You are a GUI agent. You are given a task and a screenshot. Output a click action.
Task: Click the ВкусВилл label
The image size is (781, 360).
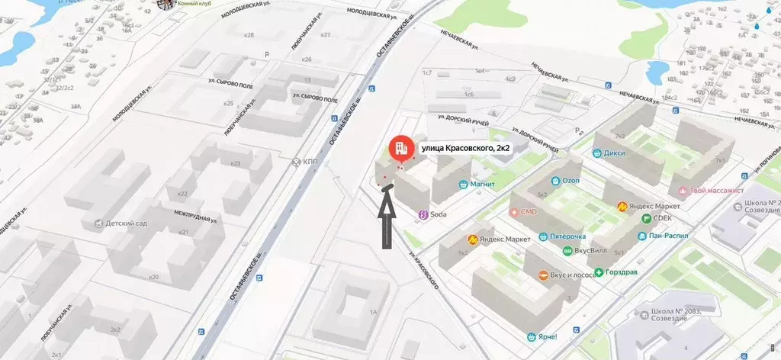click(593, 250)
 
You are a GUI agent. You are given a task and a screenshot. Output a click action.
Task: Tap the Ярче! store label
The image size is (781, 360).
click(546, 337)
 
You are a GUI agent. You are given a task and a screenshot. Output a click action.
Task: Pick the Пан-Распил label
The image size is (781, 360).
click(668, 236)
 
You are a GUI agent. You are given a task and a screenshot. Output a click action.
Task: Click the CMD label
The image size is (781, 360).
click(529, 211)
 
